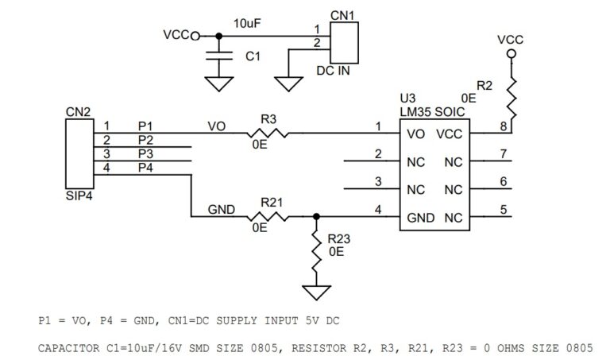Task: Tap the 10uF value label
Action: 248,24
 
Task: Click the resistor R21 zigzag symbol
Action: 265,216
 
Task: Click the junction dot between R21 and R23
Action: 316,216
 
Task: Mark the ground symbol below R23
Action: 316,292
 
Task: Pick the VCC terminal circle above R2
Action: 511,53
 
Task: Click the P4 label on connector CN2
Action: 145,168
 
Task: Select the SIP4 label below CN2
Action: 79,193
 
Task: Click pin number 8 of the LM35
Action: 503,126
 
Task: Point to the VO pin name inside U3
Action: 415,134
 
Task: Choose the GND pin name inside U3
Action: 419,217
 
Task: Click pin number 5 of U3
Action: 503,210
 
